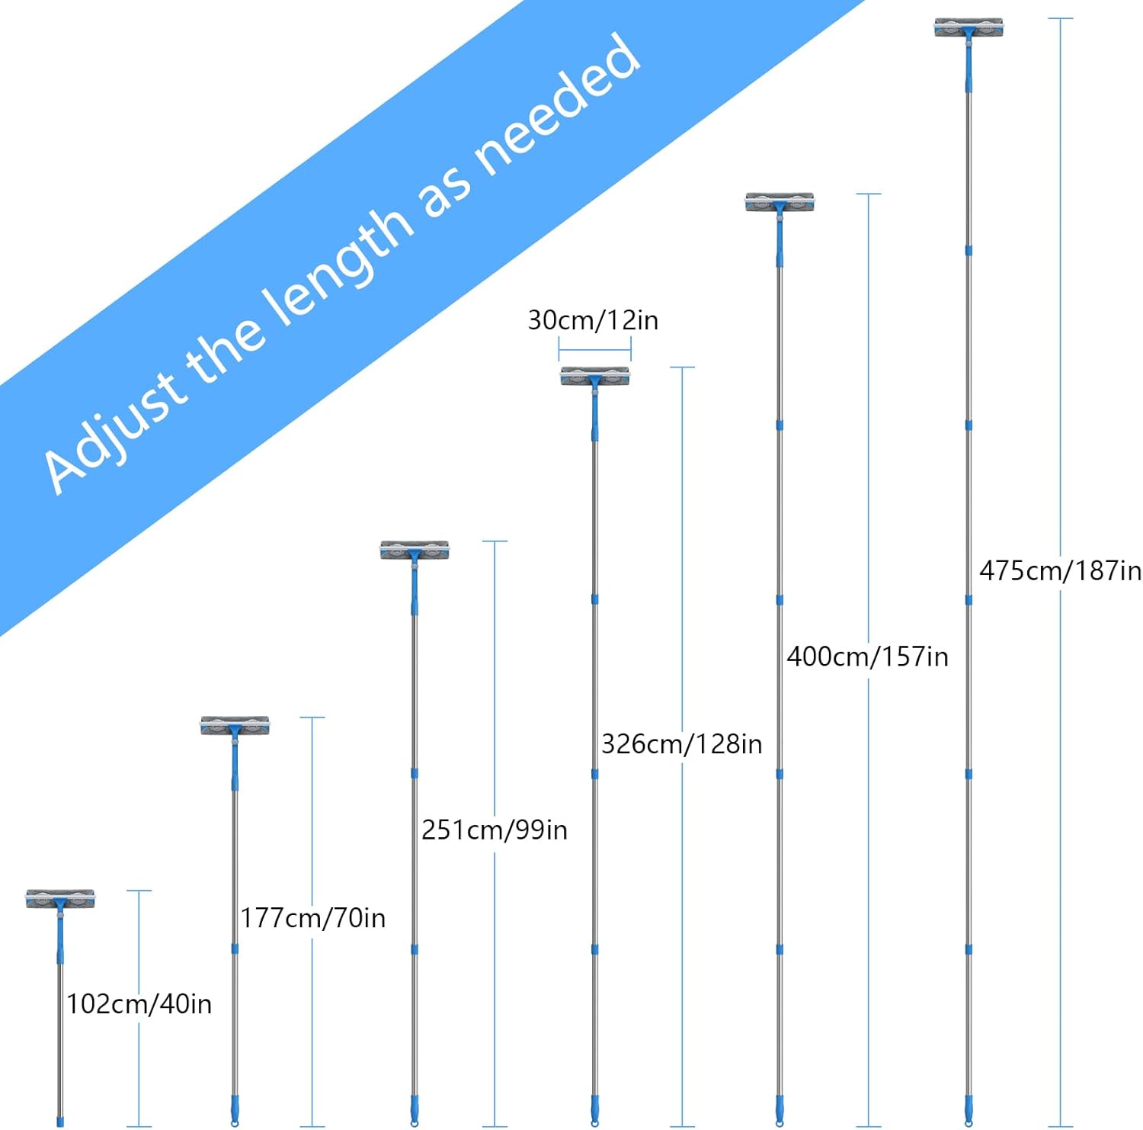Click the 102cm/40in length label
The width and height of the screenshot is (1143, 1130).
(139, 1003)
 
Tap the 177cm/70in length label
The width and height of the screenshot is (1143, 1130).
(312, 917)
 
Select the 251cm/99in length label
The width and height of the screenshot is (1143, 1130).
(495, 830)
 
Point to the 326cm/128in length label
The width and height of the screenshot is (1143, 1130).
(681, 743)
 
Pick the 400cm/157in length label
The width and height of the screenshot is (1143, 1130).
(867, 656)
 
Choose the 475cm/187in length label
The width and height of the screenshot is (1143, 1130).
(1060, 570)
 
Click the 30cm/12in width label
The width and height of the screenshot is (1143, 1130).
(593, 320)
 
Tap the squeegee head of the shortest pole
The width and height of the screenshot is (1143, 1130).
(60, 899)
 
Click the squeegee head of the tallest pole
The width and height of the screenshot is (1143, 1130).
(969, 28)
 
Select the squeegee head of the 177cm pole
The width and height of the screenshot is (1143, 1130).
(235, 726)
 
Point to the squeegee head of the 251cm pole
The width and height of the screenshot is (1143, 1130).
(415, 551)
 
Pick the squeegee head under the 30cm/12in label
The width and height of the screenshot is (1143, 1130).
(595, 377)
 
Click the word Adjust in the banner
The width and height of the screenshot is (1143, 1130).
(114, 431)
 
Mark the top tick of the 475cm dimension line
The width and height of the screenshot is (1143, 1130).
(1060, 18)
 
